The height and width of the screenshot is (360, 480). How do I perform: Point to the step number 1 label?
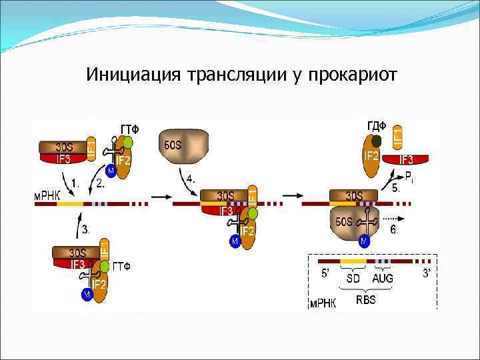75,181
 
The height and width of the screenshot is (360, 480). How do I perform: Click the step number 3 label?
85,229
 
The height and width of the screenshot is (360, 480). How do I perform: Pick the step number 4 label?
191,179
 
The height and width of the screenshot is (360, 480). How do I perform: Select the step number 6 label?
395,229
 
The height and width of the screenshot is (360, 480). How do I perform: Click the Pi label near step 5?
410,176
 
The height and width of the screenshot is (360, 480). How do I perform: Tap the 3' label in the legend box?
426,273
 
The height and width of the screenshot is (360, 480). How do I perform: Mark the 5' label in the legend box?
326,273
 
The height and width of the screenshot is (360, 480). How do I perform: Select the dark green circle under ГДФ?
377,141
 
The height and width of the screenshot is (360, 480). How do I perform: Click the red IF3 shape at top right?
405,159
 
